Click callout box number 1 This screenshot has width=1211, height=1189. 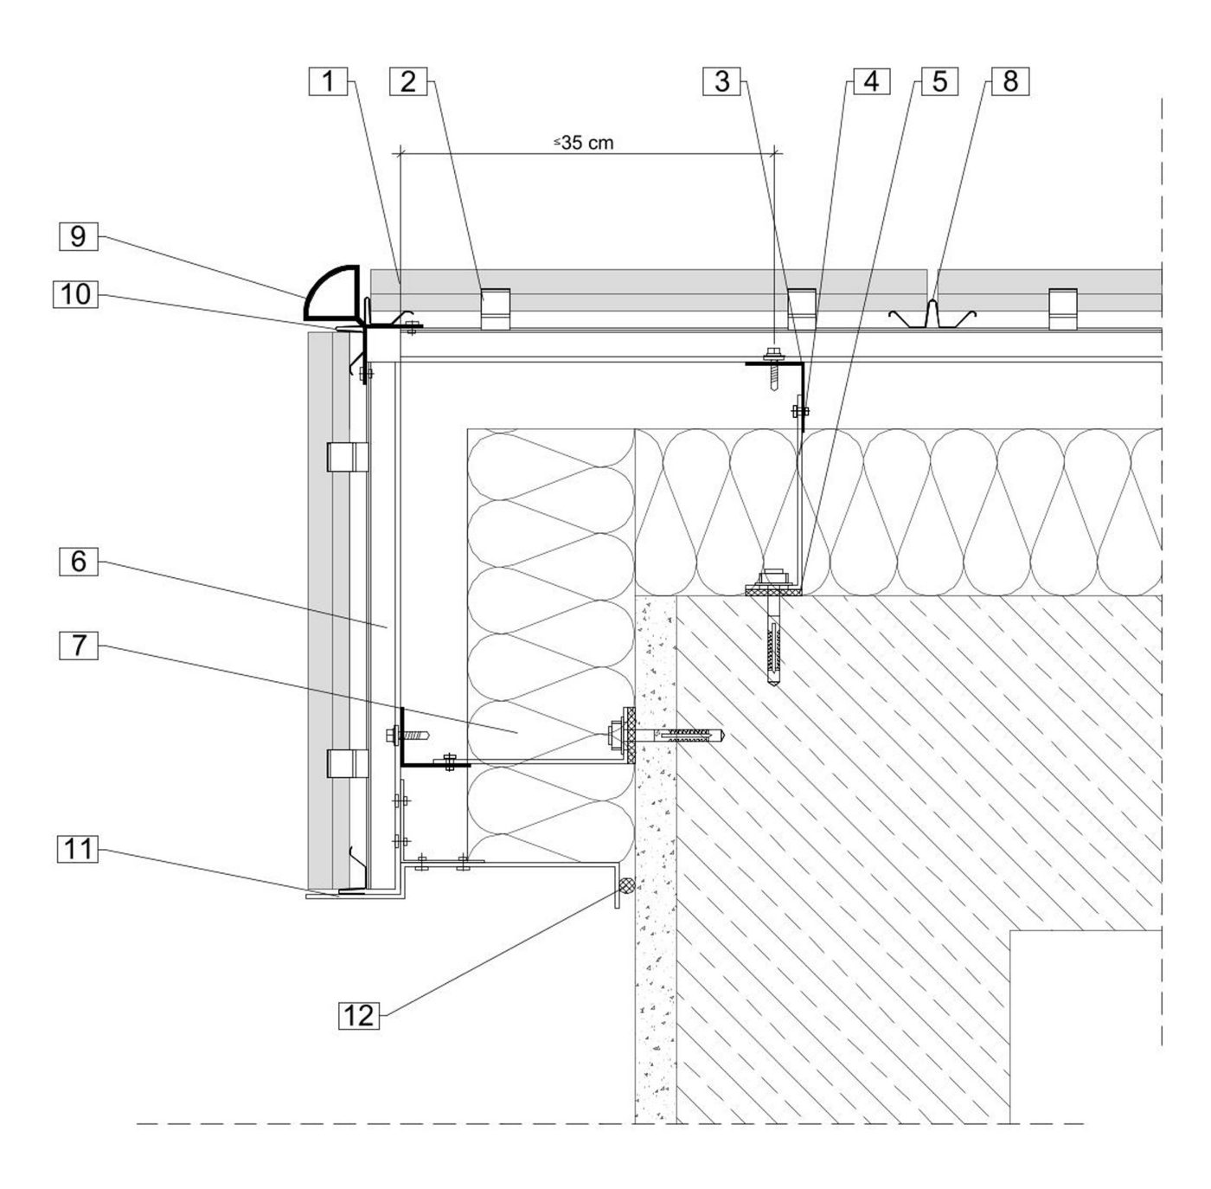tap(328, 82)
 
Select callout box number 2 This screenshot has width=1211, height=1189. tap(407, 82)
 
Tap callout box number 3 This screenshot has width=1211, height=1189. tap(722, 82)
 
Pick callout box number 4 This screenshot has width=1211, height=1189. tap(871, 82)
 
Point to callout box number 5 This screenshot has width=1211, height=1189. tap(939, 82)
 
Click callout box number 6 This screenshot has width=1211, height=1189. tap(79, 562)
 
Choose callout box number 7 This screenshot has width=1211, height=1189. tap(79, 644)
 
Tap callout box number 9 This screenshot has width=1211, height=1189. tap(79, 236)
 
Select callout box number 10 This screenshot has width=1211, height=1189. tap(76, 294)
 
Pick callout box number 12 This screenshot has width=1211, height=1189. tap(358, 1014)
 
